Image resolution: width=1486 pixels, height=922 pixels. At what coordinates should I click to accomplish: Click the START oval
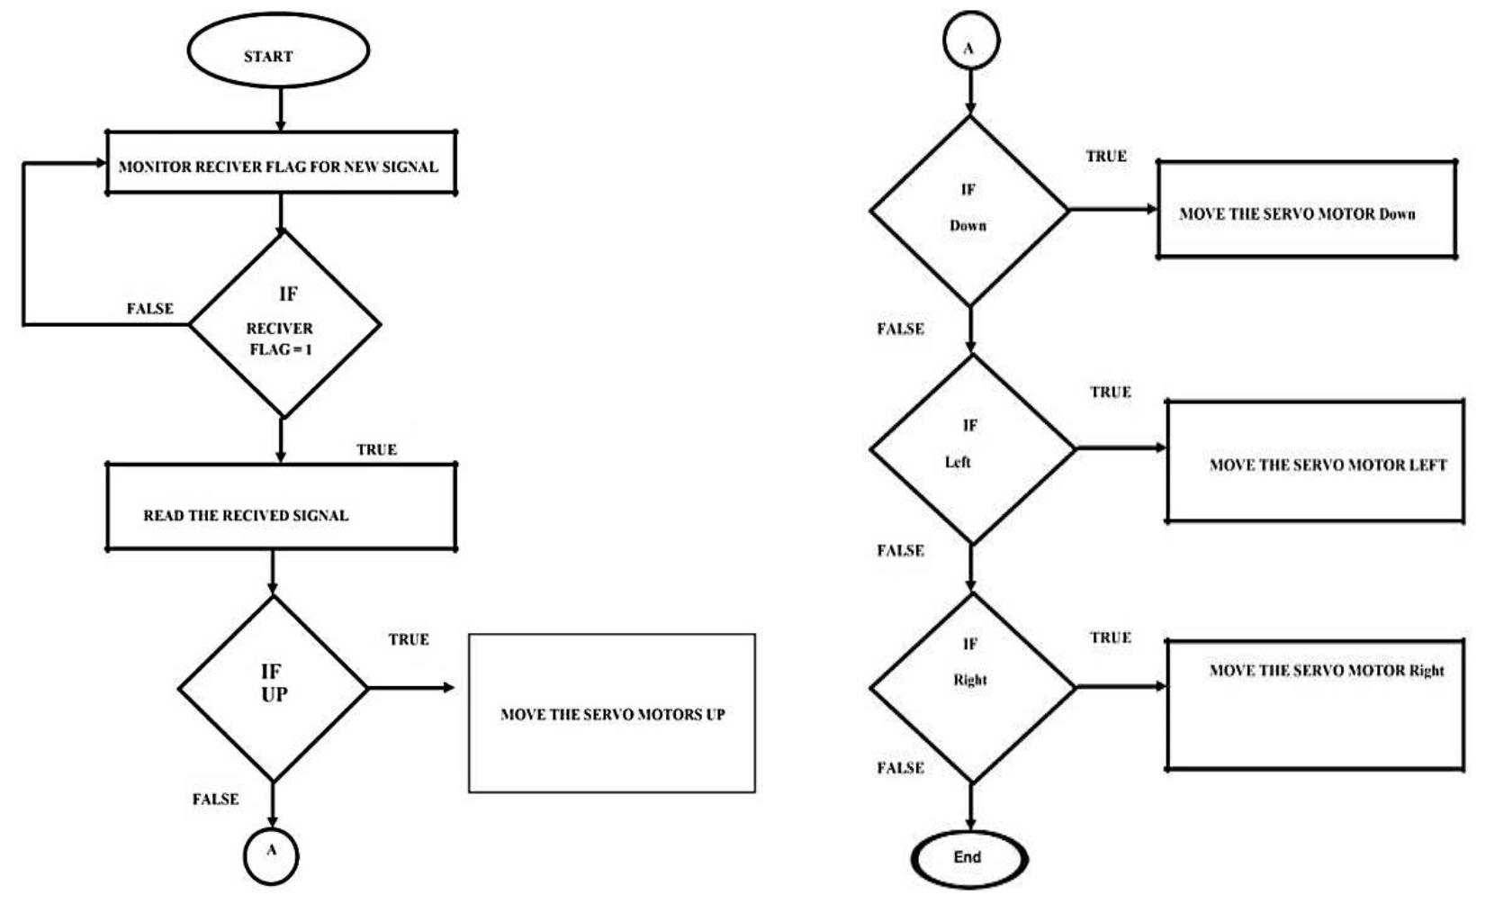(x=278, y=51)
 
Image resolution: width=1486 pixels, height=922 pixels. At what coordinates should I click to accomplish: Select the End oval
(x=968, y=857)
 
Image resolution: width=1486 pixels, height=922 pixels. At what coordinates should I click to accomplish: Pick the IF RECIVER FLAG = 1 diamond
(x=284, y=324)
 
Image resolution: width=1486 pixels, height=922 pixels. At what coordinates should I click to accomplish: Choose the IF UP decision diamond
(x=273, y=689)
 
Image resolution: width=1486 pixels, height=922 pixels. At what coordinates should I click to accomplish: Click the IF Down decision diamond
(x=969, y=211)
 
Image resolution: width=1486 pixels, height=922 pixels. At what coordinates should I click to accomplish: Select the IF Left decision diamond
(x=972, y=448)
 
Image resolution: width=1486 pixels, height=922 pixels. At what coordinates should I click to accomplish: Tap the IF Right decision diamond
(x=972, y=688)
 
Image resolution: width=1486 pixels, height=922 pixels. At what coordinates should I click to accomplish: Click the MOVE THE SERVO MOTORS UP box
(x=612, y=713)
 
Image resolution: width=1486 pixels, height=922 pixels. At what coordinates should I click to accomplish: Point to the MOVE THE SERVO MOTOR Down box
(x=1306, y=210)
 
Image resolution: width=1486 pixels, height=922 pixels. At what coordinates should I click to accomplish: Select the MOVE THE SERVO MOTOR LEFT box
(x=1315, y=461)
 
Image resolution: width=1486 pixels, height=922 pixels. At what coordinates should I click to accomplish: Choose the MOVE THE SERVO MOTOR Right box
(x=1315, y=704)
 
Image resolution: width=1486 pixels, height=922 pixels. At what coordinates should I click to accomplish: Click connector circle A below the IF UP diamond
(x=271, y=854)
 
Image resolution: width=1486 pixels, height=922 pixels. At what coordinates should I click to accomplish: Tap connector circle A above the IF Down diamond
(x=970, y=42)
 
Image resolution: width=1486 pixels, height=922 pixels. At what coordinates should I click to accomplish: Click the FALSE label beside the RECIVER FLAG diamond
(x=149, y=309)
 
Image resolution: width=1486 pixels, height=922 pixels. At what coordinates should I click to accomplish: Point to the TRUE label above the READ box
(x=376, y=449)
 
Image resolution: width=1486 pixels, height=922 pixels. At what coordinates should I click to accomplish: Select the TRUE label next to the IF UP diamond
(x=409, y=639)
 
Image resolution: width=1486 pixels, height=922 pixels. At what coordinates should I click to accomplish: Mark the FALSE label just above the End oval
(x=900, y=767)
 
